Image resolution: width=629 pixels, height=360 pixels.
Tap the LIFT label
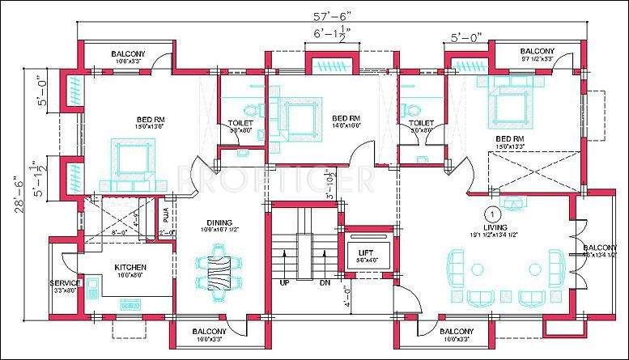[365, 252]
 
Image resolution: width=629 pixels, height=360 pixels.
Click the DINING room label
[219, 222]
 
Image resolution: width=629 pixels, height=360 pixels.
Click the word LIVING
[495, 228]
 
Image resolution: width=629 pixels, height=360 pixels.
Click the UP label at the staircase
[284, 283]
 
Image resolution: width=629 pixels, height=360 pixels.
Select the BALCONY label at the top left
[128, 54]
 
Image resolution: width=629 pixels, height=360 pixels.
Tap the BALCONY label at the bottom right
[456, 332]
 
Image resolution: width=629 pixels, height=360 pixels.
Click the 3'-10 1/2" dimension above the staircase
[330, 185]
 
